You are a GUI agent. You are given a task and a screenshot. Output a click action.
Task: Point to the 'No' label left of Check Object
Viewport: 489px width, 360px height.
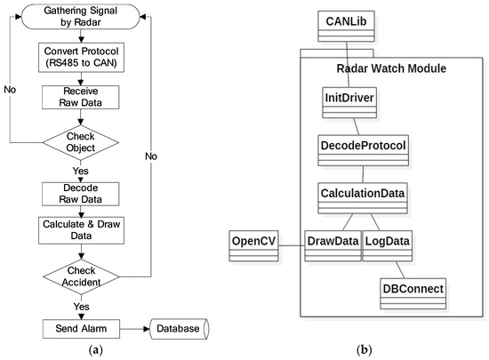[11, 90]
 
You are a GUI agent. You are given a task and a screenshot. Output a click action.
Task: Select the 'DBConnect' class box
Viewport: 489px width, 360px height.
[412, 290]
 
